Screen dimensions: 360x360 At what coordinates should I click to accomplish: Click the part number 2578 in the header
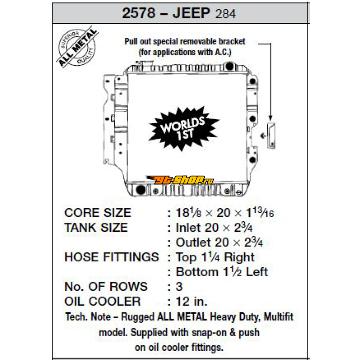(x=139, y=13)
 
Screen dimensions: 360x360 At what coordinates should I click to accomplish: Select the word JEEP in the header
(x=191, y=13)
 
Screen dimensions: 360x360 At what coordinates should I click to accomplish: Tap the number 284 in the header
(x=226, y=14)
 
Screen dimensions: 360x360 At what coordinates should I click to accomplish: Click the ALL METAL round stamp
(x=77, y=47)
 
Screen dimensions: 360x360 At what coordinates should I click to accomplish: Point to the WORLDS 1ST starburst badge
(x=184, y=129)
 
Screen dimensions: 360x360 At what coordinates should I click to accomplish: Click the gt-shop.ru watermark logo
(x=180, y=180)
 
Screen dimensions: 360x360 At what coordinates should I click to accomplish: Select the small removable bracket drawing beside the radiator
(x=271, y=136)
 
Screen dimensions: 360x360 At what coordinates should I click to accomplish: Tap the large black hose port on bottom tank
(x=141, y=189)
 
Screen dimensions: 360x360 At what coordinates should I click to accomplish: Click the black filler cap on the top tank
(x=229, y=66)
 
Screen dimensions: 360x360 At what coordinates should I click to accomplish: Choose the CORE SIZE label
(x=98, y=212)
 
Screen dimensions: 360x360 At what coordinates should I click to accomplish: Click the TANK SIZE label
(x=96, y=228)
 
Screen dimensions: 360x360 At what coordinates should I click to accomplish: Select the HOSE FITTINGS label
(x=112, y=257)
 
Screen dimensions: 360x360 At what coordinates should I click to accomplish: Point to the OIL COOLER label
(x=103, y=301)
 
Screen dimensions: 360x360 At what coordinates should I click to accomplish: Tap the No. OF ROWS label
(x=106, y=287)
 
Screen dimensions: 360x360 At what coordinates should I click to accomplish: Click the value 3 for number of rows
(x=179, y=287)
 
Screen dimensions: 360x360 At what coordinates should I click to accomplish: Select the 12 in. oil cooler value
(x=192, y=301)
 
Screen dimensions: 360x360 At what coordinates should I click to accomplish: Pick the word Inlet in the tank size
(x=189, y=228)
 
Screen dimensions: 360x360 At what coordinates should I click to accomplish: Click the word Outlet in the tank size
(x=193, y=242)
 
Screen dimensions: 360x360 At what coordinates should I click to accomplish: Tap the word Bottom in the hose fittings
(x=197, y=272)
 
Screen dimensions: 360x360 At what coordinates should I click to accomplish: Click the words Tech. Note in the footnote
(x=88, y=317)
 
